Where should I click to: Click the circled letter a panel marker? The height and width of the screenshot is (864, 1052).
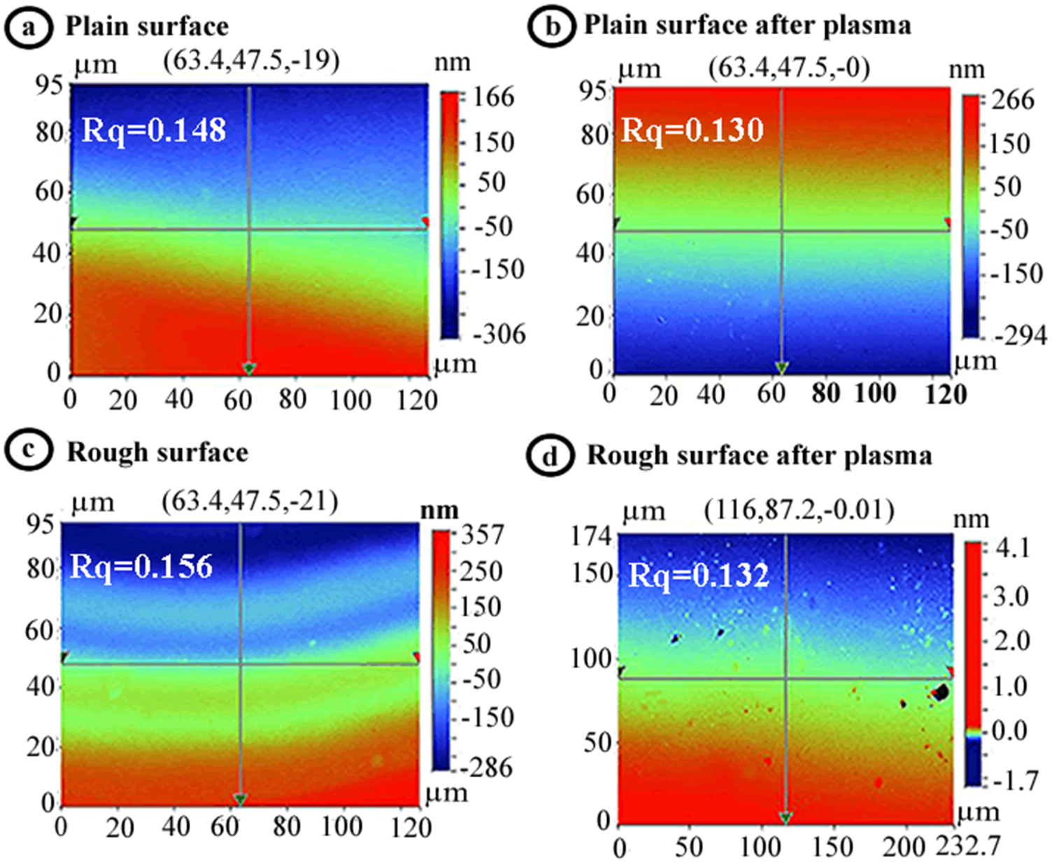[28, 27]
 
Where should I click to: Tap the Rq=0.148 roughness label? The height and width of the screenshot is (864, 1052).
[154, 130]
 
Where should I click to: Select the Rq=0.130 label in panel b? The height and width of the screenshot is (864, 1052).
[692, 130]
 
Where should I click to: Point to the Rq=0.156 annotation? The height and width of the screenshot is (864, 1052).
[141, 567]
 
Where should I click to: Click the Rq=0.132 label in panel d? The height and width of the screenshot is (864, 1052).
[699, 576]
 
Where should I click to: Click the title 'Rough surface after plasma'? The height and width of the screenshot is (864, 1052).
[759, 456]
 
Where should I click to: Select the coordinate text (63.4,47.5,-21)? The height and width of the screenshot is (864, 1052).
[250, 501]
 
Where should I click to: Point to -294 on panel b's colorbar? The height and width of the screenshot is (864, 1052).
[1021, 337]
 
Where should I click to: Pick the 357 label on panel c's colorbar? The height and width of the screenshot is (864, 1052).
[482, 535]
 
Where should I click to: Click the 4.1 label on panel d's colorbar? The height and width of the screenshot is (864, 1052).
[1012, 548]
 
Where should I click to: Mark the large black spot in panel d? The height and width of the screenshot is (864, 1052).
[941, 693]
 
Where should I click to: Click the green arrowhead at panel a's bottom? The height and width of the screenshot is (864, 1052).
[248, 368]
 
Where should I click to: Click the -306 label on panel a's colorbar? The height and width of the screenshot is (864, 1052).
[499, 334]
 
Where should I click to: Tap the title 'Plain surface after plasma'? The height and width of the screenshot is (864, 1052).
[747, 26]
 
